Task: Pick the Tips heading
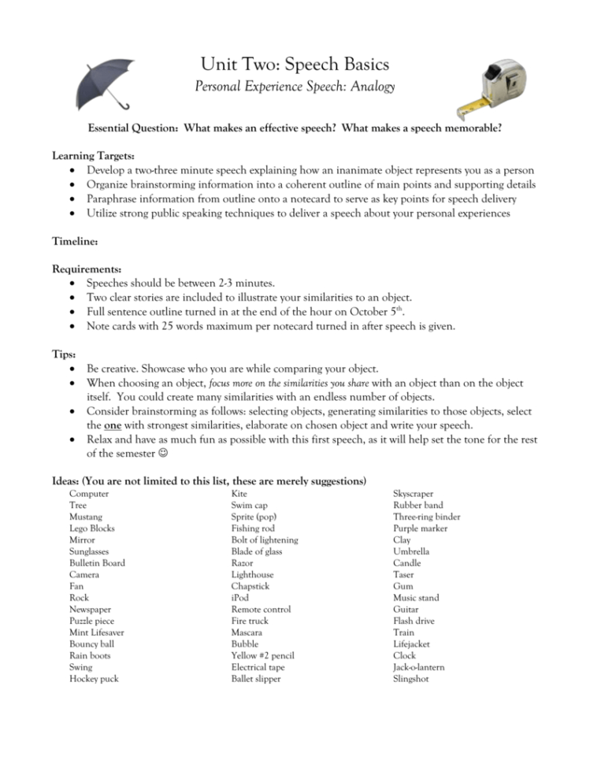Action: click(64, 354)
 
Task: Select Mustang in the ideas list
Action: click(85, 517)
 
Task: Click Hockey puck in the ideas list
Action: click(94, 679)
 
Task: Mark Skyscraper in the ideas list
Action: click(413, 494)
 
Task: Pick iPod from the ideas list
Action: click(239, 598)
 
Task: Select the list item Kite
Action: click(239, 494)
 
